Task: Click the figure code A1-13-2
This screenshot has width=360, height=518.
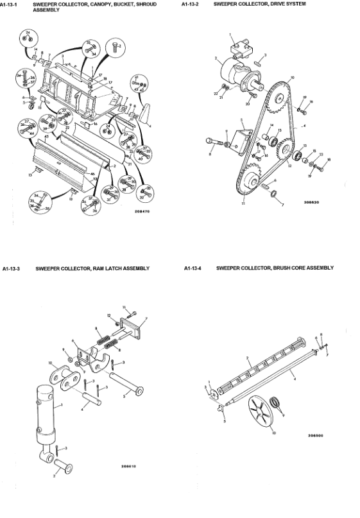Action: (x=191, y=4)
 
